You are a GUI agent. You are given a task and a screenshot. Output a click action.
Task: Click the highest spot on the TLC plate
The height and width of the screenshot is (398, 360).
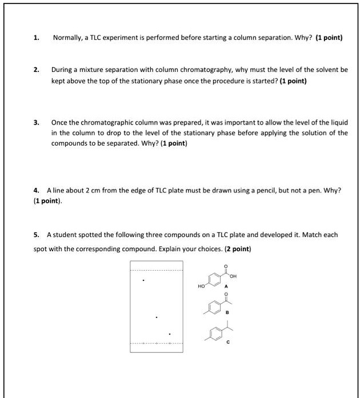[143, 280]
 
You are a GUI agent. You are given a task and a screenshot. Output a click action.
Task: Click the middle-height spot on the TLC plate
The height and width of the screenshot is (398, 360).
[158, 317]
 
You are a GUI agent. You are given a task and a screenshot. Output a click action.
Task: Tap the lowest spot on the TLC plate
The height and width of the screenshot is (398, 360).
[169, 334]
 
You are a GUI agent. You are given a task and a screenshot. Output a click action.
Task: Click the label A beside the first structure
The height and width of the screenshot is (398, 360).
[226, 287]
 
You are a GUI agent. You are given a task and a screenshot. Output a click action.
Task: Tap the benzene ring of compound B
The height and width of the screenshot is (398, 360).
[214, 307]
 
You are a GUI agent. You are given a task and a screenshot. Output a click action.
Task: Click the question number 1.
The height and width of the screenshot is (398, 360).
[35, 38]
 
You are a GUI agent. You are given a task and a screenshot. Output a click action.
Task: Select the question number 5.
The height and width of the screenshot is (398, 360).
[36, 235]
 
